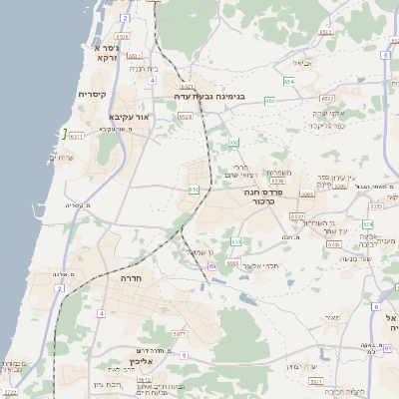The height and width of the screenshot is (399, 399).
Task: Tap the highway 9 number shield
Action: (184, 354)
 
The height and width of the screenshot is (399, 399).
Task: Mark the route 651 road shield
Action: (193, 189)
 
